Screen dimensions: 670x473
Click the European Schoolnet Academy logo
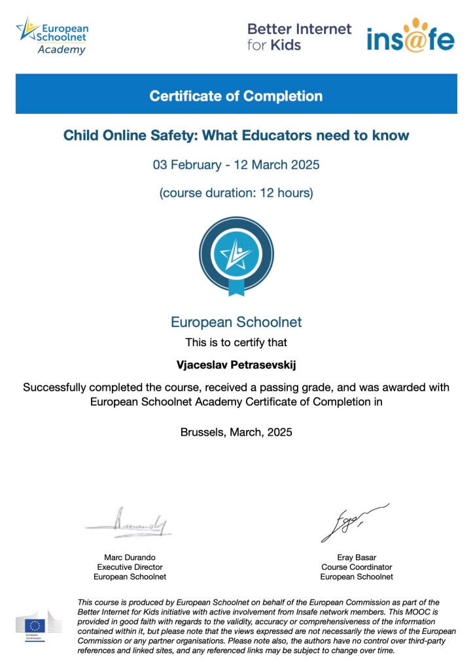point(53,37)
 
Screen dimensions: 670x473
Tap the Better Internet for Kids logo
point(299,37)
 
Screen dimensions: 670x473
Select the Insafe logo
point(410,36)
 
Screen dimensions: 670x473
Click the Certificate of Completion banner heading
point(236,96)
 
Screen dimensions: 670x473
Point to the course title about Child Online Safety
point(236,135)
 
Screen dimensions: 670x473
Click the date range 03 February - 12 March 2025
point(236,164)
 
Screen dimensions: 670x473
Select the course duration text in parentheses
point(236,193)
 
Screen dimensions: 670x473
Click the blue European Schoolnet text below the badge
point(236,322)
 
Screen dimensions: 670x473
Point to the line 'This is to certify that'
point(236,342)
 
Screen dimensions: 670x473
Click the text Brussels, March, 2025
point(236,432)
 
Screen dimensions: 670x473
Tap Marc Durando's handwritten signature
point(130,522)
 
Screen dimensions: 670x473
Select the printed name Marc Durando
point(130,557)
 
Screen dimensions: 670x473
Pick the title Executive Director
point(130,567)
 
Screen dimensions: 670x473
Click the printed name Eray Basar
point(357,557)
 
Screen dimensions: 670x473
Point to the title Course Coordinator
point(357,567)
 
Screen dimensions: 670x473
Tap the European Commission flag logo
point(35,625)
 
